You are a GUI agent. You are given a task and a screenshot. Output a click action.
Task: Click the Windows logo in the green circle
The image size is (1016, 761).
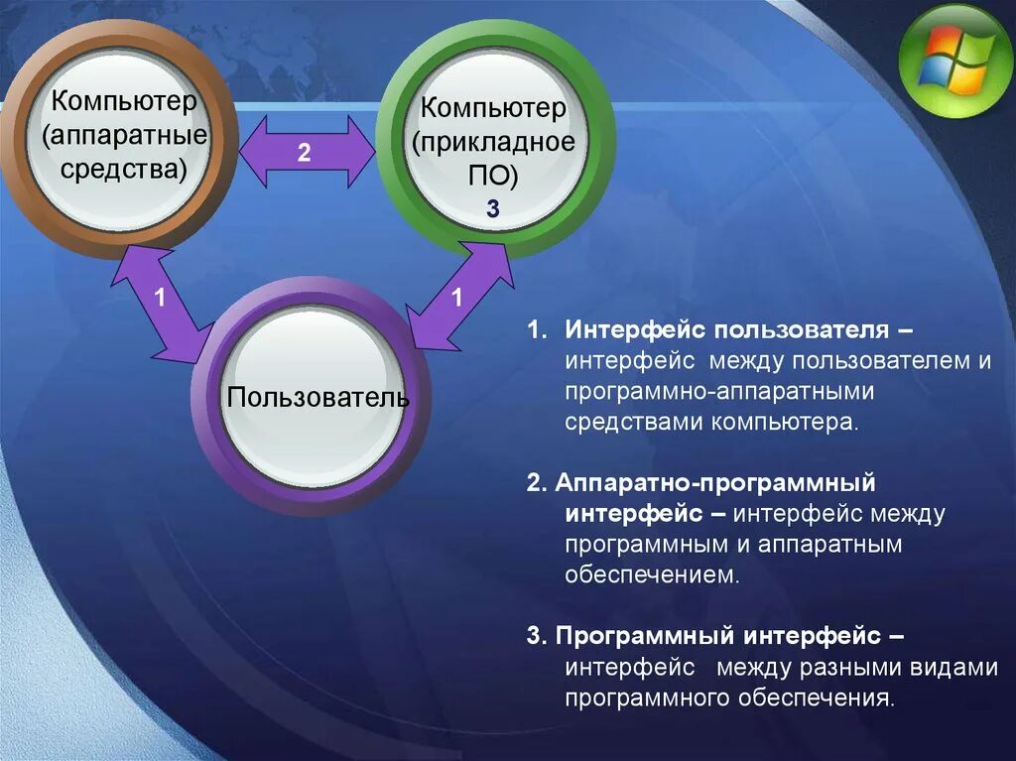(954, 61)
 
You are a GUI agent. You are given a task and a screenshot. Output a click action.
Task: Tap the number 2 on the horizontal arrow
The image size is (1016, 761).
(304, 153)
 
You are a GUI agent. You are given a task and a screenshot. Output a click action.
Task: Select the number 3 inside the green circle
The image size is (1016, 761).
(493, 209)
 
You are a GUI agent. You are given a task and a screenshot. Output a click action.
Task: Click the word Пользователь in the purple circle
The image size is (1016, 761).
(317, 398)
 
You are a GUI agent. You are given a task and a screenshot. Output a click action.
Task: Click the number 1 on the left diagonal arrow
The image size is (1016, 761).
(160, 298)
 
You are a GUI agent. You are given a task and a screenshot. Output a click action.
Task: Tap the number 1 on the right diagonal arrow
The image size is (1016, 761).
(456, 298)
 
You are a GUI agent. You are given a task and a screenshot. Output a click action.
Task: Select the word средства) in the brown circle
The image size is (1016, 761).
(124, 167)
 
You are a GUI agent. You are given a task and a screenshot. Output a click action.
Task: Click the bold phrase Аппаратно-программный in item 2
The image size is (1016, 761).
(714, 483)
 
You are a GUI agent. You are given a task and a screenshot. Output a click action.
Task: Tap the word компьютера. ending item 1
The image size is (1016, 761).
(784, 422)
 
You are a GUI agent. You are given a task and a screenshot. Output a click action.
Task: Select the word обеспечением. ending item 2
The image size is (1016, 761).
(653, 575)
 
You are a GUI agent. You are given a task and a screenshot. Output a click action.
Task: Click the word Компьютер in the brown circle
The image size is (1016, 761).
(125, 101)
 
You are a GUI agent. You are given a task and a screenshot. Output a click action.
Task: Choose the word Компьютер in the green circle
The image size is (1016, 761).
(494, 107)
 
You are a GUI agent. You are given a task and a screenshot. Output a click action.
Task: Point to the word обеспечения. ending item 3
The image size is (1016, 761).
(816, 698)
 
